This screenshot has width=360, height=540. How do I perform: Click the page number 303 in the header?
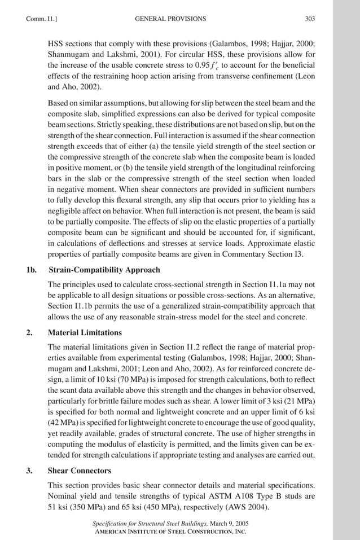click(309, 19)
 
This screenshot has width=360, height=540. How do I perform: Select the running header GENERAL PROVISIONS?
click(171, 19)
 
